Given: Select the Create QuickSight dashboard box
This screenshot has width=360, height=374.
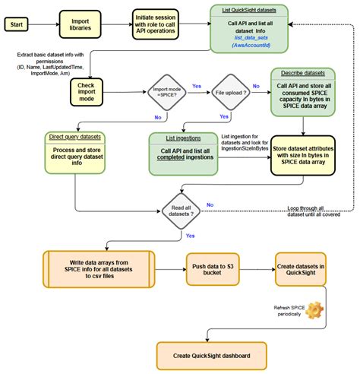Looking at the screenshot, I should coord(210,355).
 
